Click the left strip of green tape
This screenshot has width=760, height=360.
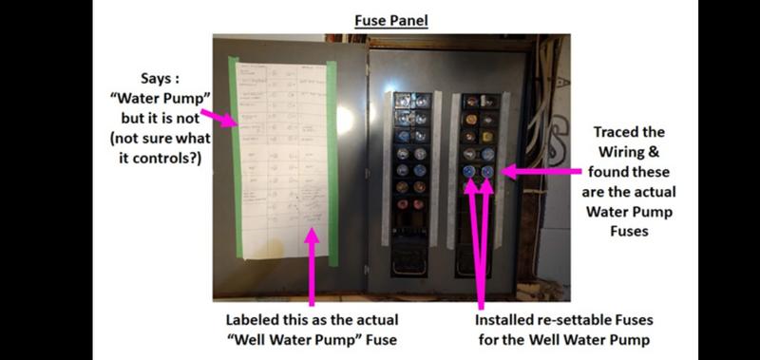(235, 161)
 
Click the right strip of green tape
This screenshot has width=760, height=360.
(332, 161)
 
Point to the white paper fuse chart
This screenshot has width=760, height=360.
(283, 161)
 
